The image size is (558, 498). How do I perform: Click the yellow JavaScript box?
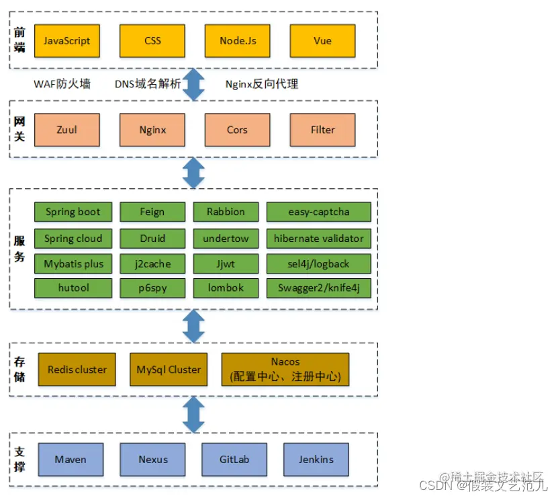coord(66,41)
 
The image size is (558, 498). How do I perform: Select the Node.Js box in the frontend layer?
coord(238,41)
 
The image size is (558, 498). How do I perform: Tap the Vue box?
coord(322,41)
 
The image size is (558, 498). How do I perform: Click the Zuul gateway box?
coord(66,130)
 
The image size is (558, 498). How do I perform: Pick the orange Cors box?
coord(237,130)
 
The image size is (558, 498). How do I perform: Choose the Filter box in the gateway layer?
coord(322,130)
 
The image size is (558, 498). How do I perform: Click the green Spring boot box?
coord(73,212)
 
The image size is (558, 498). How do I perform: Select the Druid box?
coord(152,238)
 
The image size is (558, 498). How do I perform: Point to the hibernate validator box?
coord(319,238)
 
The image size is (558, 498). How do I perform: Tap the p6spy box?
coord(152,288)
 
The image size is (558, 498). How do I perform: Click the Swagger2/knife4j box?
coord(319,288)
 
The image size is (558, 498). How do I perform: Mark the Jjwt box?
coord(226,263)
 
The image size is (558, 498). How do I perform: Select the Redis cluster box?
coord(77,370)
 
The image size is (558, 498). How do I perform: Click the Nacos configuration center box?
coord(285,370)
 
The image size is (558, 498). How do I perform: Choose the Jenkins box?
coord(316,460)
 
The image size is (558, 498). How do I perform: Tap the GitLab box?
coord(234,460)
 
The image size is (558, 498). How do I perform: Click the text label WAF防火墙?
coord(62,85)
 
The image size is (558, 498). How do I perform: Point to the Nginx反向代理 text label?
coord(262,85)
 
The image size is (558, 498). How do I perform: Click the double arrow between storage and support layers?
coord(194,414)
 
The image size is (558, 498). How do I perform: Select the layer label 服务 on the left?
coord(19,248)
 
